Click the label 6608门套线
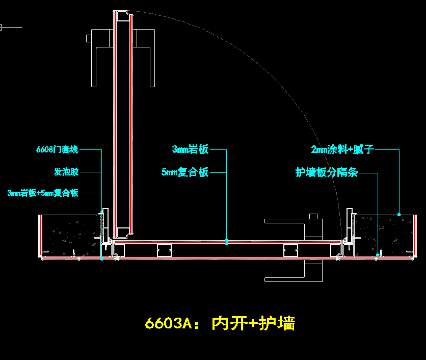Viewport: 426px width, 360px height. click(57, 149)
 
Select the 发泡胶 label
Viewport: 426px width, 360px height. click(66, 172)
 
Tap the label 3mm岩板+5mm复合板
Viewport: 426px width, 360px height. click(43, 193)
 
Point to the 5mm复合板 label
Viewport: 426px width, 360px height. click(185, 172)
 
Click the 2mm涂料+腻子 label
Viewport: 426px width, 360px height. click(342, 149)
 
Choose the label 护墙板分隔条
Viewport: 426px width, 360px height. click(327, 172)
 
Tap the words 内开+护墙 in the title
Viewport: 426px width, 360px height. click(253, 323)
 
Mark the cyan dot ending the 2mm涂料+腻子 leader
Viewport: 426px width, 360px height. click(399, 214)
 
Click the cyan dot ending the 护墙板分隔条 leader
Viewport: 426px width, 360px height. click(378, 254)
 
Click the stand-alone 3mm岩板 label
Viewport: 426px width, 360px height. click(190, 149)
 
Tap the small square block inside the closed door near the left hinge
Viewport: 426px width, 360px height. click(164, 249)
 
